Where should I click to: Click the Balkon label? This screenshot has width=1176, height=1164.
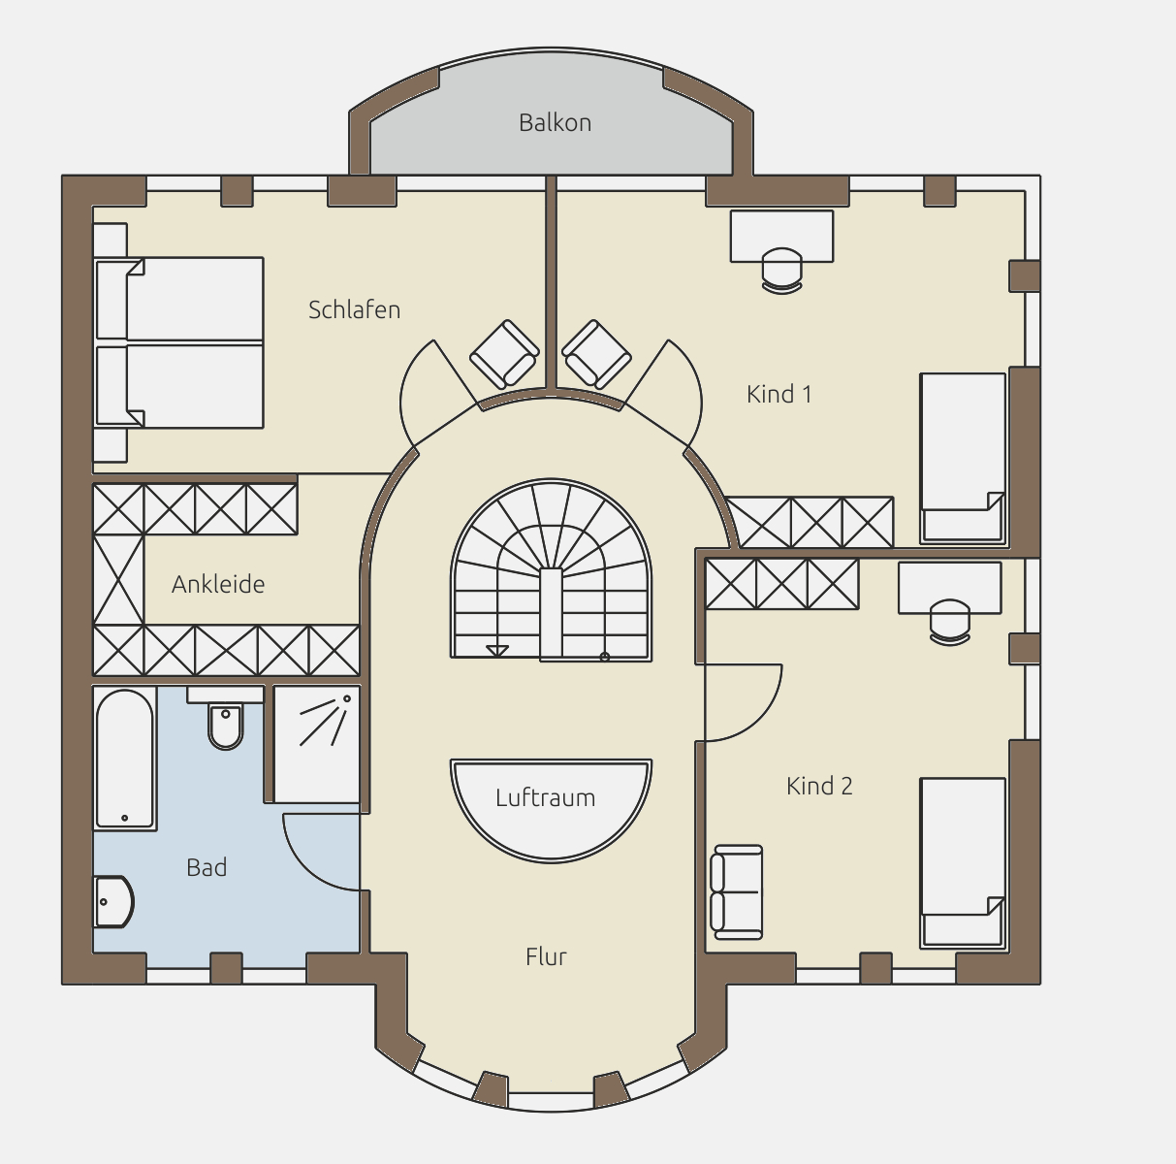(x=555, y=123)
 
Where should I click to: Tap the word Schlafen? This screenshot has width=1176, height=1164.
(x=354, y=309)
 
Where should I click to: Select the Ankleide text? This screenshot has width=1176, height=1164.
(x=218, y=585)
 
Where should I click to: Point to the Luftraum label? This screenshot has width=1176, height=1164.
(x=545, y=797)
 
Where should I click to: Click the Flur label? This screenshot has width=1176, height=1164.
(x=546, y=956)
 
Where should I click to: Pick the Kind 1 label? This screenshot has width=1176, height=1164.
(x=779, y=394)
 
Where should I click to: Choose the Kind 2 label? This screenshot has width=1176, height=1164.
(x=819, y=786)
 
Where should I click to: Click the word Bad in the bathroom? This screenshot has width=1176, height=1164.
(x=207, y=867)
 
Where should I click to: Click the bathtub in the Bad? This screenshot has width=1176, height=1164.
(x=124, y=759)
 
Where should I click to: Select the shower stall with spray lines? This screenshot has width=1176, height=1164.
(x=316, y=744)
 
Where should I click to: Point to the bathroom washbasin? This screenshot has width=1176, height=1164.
(x=113, y=902)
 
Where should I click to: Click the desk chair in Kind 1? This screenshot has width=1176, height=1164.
(x=781, y=271)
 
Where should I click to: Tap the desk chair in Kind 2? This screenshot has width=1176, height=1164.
(x=949, y=622)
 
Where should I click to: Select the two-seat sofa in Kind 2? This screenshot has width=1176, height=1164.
(x=737, y=891)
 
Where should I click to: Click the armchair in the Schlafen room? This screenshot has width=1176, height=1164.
(x=504, y=354)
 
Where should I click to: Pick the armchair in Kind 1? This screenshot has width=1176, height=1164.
(x=596, y=354)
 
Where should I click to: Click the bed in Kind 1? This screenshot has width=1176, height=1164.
(x=963, y=458)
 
